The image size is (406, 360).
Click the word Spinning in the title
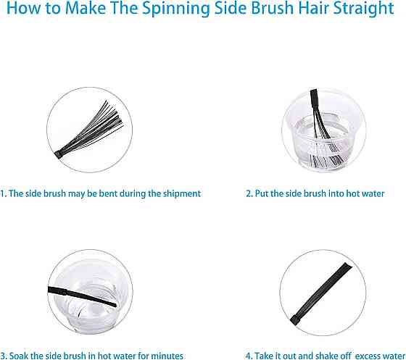coord(175,9)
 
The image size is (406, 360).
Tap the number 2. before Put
coord(249,193)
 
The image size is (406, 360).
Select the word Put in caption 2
coord(262,193)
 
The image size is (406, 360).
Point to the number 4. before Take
coord(249,356)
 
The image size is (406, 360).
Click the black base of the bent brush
coord(59,155)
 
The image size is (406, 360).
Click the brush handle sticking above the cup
coord(314,99)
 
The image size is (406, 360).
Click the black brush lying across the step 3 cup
coord(82,296)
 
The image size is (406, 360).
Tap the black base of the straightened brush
coord(294,320)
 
